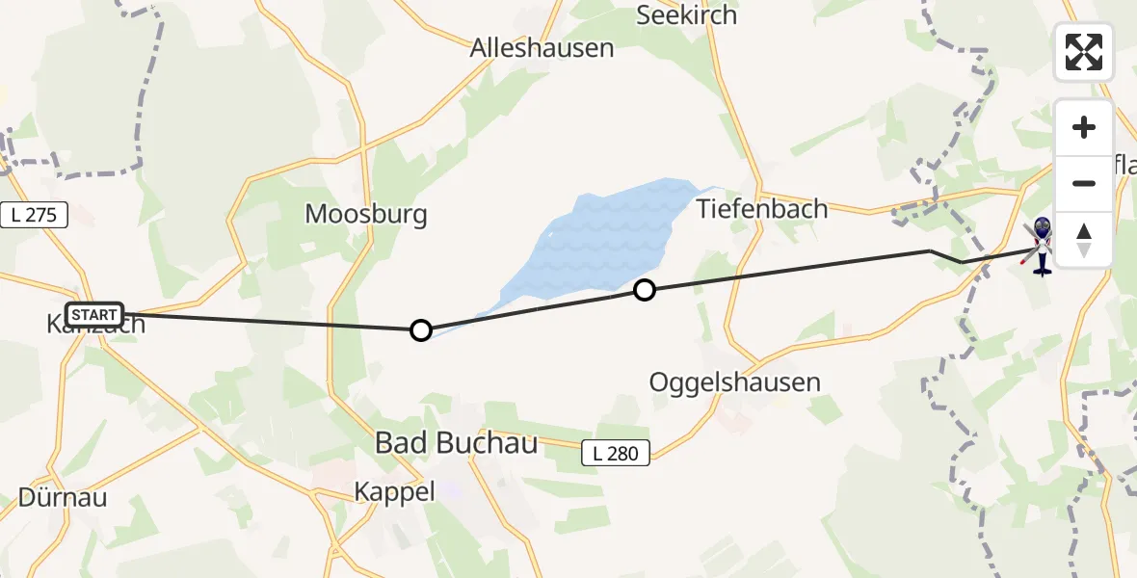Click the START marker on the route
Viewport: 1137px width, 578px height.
click(94, 314)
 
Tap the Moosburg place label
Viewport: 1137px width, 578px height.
click(366, 213)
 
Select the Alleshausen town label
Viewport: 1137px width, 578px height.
click(542, 48)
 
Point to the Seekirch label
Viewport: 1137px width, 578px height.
click(687, 15)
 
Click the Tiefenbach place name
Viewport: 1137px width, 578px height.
click(762, 208)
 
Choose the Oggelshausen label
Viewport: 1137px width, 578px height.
click(734, 381)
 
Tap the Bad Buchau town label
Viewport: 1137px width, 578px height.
click(456, 443)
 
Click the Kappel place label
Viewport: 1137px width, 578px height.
click(394, 491)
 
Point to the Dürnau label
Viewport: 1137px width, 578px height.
click(63, 498)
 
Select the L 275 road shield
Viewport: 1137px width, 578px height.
click(34, 216)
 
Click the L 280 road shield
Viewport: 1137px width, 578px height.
click(617, 453)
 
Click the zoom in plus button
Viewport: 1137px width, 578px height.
click(1084, 127)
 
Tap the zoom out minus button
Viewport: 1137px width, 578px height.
click(1084, 183)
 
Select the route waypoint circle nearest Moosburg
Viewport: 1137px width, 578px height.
click(421, 330)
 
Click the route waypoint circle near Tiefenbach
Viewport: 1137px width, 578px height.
click(645, 289)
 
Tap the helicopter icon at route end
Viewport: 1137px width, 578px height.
click(1042, 246)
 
